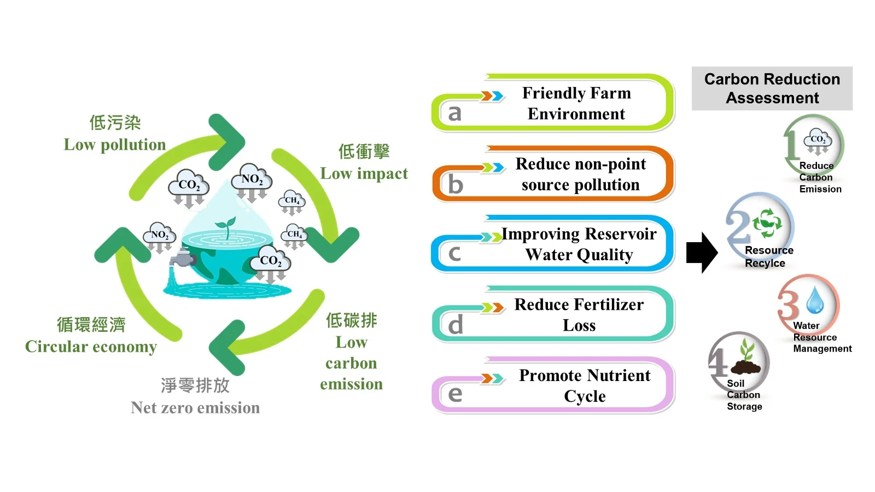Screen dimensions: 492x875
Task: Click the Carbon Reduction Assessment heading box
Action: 772,89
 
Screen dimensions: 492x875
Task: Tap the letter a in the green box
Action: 454,113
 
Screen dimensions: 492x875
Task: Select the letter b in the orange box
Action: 455,184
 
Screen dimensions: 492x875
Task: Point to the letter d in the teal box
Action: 455,325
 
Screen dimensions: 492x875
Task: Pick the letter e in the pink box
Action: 454,394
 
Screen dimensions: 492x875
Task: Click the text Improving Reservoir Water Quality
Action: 579,244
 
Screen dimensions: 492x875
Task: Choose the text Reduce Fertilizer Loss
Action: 579,315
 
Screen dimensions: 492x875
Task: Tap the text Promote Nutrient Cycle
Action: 585,385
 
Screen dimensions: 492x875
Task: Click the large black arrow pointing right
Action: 702,253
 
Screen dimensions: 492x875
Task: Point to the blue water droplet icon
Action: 815,300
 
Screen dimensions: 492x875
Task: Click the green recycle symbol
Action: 767,222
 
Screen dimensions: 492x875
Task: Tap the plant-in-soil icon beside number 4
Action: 746,358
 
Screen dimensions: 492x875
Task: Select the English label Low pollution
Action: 115,145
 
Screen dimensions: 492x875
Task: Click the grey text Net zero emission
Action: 195,408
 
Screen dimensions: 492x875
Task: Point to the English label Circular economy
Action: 91,347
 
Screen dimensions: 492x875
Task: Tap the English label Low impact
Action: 364,174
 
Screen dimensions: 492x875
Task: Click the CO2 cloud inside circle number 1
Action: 818,141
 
